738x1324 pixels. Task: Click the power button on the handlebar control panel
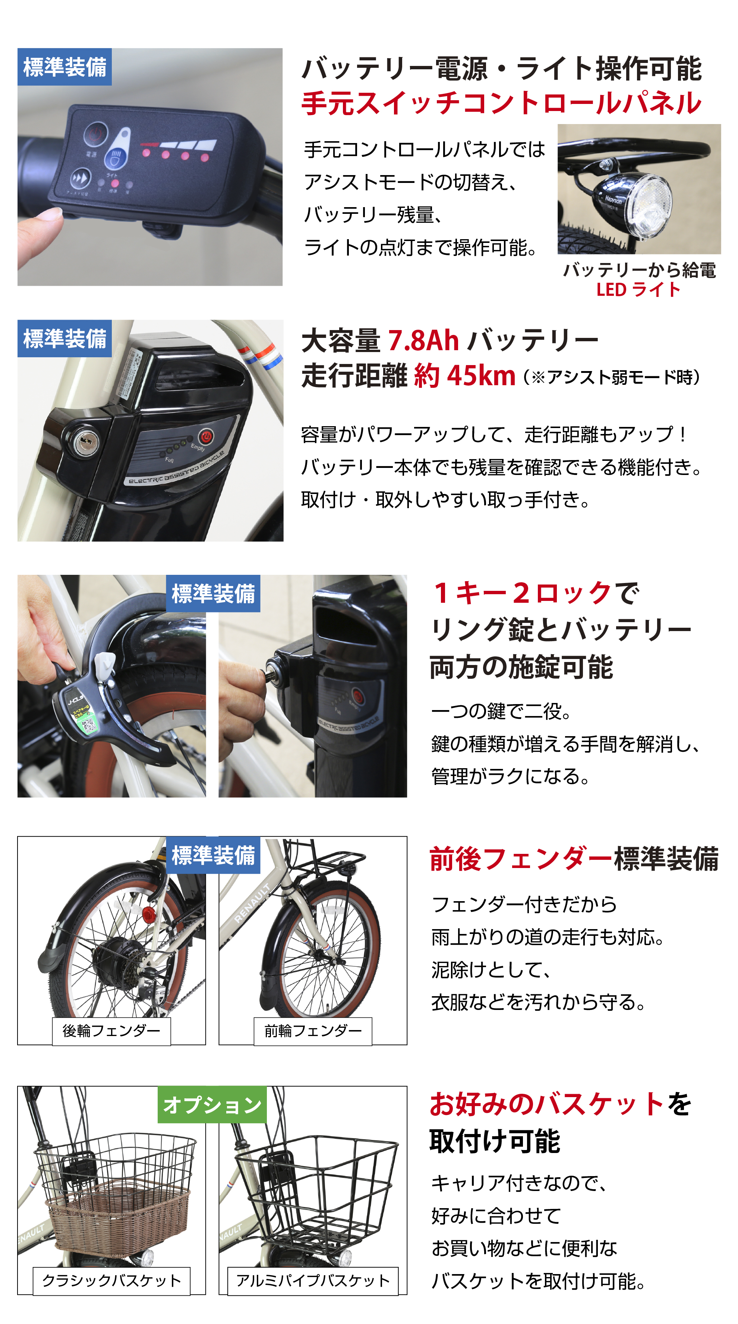[96, 134]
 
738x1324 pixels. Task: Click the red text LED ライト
[638, 289]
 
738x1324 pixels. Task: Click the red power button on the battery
[206, 436]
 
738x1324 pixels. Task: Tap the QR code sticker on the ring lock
[89, 724]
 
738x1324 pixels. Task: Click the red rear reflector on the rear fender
[149, 913]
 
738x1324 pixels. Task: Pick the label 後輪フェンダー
[111, 1030]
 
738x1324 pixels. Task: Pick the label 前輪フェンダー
[313, 1030]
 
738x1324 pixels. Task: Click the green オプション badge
[212, 1105]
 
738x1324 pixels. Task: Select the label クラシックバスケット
[111, 1280]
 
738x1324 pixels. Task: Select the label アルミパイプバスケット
[313, 1280]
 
